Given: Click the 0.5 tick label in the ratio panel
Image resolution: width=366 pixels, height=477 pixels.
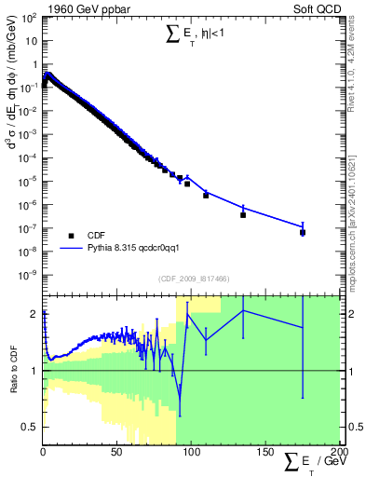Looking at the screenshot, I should [30, 427].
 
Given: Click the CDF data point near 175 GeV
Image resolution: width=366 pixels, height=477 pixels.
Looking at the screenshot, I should [303, 232].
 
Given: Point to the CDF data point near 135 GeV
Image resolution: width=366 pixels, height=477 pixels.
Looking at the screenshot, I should [243, 215].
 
